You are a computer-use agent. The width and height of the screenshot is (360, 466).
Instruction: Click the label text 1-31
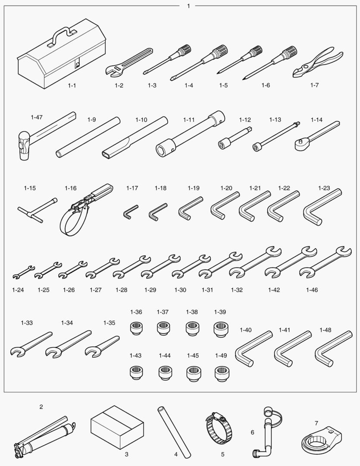[207, 290]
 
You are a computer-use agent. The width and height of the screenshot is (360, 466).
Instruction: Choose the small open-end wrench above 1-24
[23, 272]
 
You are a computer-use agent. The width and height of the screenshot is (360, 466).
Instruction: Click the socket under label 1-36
[136, 328]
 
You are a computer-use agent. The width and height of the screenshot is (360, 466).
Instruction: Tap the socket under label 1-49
[221, 374]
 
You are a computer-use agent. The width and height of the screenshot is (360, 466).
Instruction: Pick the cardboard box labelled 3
[117, 427]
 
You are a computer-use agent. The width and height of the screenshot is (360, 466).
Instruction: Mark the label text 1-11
[189, 120]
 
